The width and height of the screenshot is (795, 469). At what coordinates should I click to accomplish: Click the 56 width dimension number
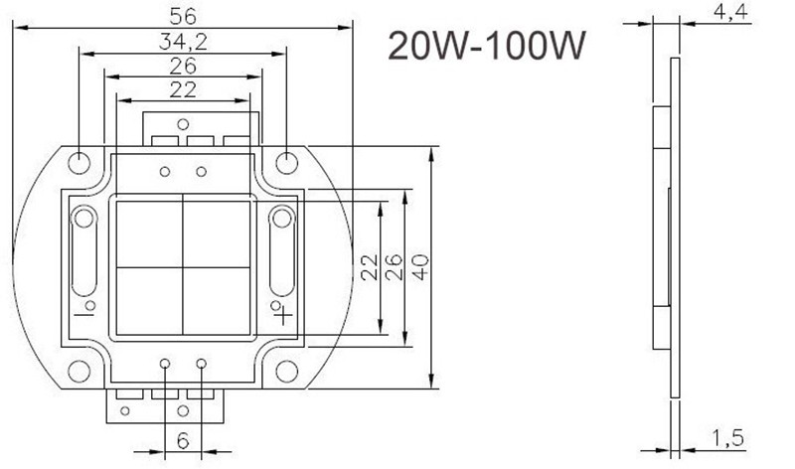point(183,16)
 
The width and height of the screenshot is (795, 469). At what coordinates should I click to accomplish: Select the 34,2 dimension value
point(183,42)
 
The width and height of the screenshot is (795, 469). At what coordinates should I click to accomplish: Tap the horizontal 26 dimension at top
point(183,66)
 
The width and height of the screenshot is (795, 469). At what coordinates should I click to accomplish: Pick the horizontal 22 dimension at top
point(183,89)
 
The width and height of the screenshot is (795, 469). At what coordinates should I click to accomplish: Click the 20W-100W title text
point(487,45)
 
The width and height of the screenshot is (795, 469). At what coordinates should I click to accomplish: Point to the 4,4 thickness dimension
point(730,12)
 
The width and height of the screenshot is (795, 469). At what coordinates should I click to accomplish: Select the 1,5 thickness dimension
point(728,438)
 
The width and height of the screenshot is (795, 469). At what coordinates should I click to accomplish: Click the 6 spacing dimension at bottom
point(183,441)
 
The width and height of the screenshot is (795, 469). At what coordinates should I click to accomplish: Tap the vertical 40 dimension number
point(420,267)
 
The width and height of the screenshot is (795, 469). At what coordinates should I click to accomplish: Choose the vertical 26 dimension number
point(394,267)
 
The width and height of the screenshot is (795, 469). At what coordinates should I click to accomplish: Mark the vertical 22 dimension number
point(370,267)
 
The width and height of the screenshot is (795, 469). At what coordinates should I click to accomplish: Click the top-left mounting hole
point(79,163)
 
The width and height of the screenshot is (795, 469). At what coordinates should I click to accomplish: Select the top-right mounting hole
point(286,163)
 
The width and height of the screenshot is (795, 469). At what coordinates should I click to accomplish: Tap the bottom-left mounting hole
point(79,372)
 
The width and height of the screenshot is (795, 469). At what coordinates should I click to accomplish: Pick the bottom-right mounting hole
point(286,372)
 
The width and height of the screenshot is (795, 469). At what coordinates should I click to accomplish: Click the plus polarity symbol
point(284,316)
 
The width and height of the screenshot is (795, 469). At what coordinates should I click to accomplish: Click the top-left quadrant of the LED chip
point(150,234)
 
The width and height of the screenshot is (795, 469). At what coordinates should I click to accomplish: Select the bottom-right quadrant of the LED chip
point(217,301)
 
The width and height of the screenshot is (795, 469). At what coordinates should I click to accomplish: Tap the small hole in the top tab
point(183,124)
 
